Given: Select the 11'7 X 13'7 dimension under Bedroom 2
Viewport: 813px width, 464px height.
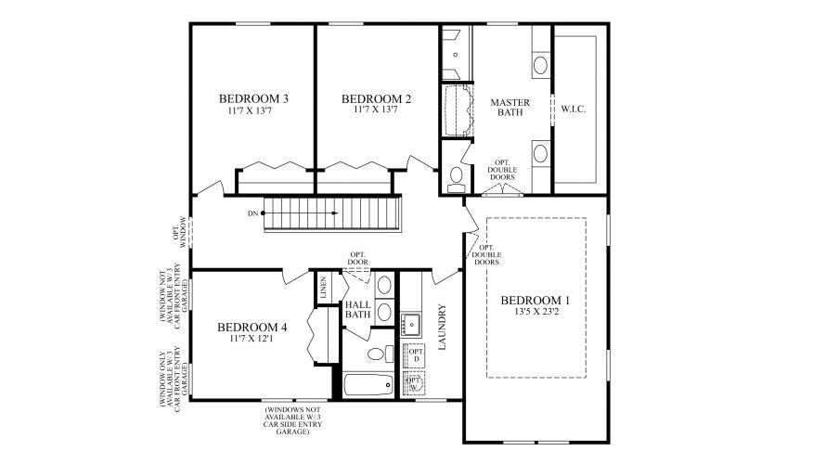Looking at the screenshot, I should click(376, 110).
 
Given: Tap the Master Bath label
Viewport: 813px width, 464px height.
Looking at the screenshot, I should click(508, 107).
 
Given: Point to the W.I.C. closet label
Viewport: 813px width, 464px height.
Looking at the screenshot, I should click(574, 109).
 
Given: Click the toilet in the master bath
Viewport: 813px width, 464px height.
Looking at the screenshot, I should click(456, 176).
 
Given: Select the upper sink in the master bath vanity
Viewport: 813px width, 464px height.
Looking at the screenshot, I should click(540, 65).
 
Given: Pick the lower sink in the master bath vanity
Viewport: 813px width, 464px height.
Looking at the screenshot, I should click(540, 152).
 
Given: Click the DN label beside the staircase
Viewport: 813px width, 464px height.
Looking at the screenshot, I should click(252, 213).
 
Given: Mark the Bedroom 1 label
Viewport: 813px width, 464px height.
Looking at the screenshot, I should click(535, 301).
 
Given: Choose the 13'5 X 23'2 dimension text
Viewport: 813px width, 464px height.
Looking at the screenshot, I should click(535, 313).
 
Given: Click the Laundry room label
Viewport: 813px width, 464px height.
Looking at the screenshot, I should click(443, 328).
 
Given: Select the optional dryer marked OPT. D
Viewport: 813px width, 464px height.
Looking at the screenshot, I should click(416, 354).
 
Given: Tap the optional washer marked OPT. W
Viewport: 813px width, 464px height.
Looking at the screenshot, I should click(415, 383).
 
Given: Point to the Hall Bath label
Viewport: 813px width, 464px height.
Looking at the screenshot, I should click(358, 309).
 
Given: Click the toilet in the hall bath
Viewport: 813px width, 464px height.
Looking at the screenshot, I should click(376, 354).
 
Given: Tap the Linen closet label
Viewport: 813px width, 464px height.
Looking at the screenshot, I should click(324, 289).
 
